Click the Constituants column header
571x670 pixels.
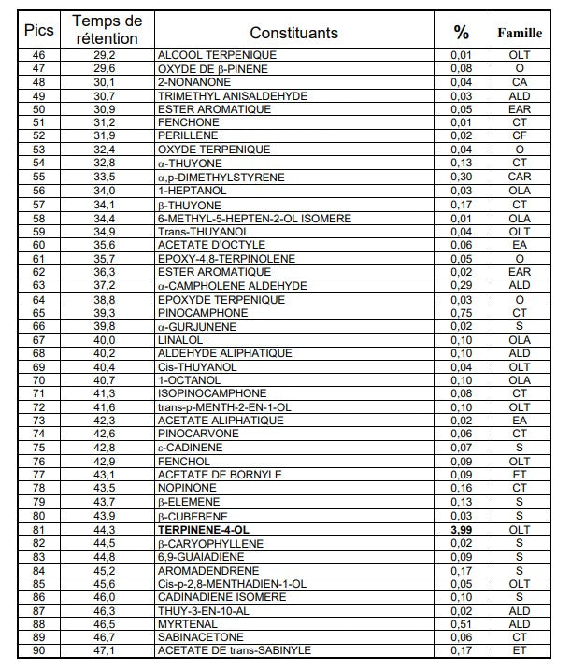tap(293, 33)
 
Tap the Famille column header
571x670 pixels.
tap(520, 33)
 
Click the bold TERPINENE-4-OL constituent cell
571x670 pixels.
tap(205, 529)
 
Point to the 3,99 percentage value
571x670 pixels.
tap(461, 529)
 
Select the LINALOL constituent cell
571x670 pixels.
tap(178, 339)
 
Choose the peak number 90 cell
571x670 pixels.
tap(38, 650)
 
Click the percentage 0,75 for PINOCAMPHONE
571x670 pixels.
tap(461, 312)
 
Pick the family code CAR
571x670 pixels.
tap(520, 177)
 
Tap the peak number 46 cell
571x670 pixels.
tap(38, 55)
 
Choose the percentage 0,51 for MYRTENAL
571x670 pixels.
tap(461, 623)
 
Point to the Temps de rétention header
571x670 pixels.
tap(107, 29)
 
